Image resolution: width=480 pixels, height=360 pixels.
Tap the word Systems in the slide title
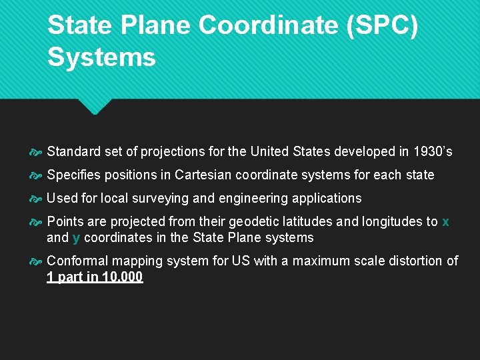[101, 57]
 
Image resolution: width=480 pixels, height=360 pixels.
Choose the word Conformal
[77, 261]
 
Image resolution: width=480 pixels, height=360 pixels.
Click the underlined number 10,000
[122, 277]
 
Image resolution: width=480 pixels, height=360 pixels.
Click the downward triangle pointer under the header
[93, 107]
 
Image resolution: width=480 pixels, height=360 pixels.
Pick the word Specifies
[74, 175]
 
